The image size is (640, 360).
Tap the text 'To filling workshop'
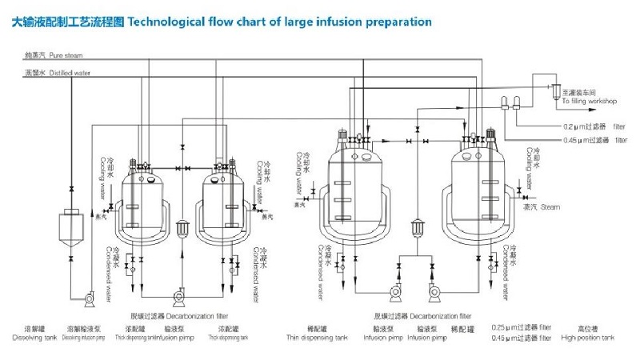pos(589,102)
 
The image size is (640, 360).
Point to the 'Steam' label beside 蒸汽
pos(549,207)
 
